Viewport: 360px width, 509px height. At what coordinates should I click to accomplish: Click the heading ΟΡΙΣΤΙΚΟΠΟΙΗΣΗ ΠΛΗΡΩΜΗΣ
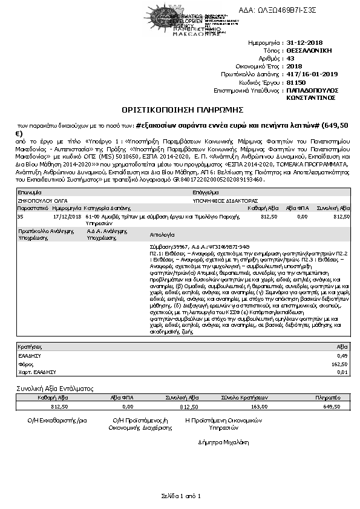[x=183, y=110]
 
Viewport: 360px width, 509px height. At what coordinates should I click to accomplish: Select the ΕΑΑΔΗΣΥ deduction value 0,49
[x=343, y=356]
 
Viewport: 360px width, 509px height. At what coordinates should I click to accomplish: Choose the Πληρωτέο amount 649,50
[x=332, y=407]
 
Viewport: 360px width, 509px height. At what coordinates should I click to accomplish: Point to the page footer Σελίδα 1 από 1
[x=180, y=496]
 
